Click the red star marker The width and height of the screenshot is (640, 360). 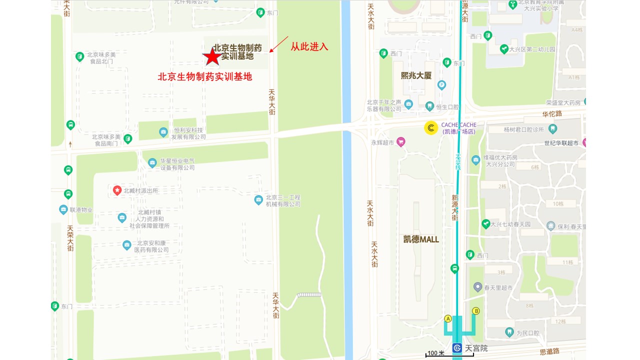[212, 56]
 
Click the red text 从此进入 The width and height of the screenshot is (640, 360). [309, 46]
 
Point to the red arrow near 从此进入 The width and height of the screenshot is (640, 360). [279, 44]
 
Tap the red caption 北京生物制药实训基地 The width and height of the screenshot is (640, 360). [205, 76]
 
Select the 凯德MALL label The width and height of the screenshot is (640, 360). [421, 239]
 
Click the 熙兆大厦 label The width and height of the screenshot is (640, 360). [416, 75]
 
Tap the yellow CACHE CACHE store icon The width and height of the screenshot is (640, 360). [431, 128]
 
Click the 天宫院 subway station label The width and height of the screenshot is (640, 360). [476, 348]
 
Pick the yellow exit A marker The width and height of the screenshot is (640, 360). [448, 318]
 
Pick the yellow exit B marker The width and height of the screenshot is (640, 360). [476, 311]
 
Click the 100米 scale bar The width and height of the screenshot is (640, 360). [449, 354]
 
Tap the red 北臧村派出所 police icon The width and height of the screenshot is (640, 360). [117, 190]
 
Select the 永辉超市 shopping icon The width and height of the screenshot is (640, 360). [400, 142]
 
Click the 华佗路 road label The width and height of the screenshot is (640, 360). [552, 113]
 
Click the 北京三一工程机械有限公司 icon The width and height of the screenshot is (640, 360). [258, 200]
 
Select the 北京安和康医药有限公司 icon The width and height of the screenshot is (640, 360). [127, 245]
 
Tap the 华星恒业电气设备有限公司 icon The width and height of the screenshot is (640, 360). [152, 162]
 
